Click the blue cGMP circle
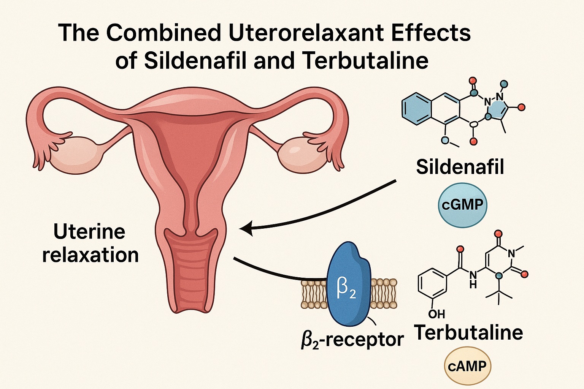tap(462, 206)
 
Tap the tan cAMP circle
tap(467, 367)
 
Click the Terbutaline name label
tap(468, 332)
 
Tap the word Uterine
tap(89, 231)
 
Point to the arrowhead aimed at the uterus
tap(245, 229)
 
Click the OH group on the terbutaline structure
tap(436, 314)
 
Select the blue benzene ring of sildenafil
tap(418, 109)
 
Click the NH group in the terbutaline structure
tap(473, 278)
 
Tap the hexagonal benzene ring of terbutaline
tap(432, 283)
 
